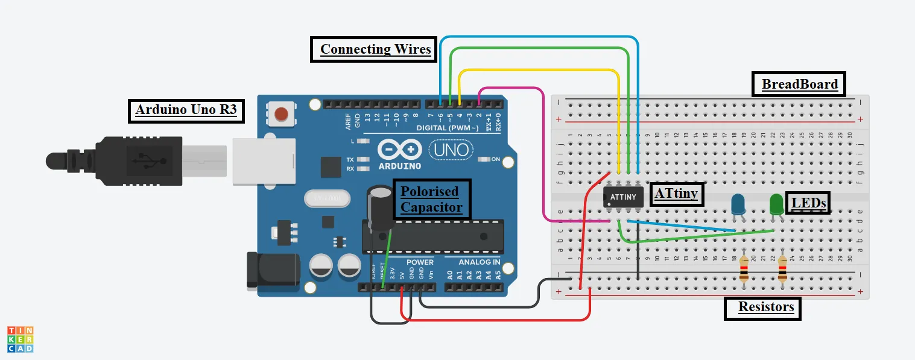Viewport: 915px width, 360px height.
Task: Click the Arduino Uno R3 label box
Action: pos(186,110)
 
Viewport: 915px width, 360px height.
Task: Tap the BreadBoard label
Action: pos(799,84)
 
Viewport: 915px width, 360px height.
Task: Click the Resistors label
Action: pos(762,307)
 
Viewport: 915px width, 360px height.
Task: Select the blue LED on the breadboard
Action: pos(738,204)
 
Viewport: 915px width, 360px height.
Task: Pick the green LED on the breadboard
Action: pos(776,203)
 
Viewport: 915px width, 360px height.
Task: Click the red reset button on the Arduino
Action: pos(281,114)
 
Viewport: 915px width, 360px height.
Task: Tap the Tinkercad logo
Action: pos(20,339)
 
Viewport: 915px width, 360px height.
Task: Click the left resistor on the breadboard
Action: pos(744,268)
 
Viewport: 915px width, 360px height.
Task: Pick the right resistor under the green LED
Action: pos(782,268)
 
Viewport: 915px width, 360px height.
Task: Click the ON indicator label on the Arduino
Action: pos(496,159)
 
